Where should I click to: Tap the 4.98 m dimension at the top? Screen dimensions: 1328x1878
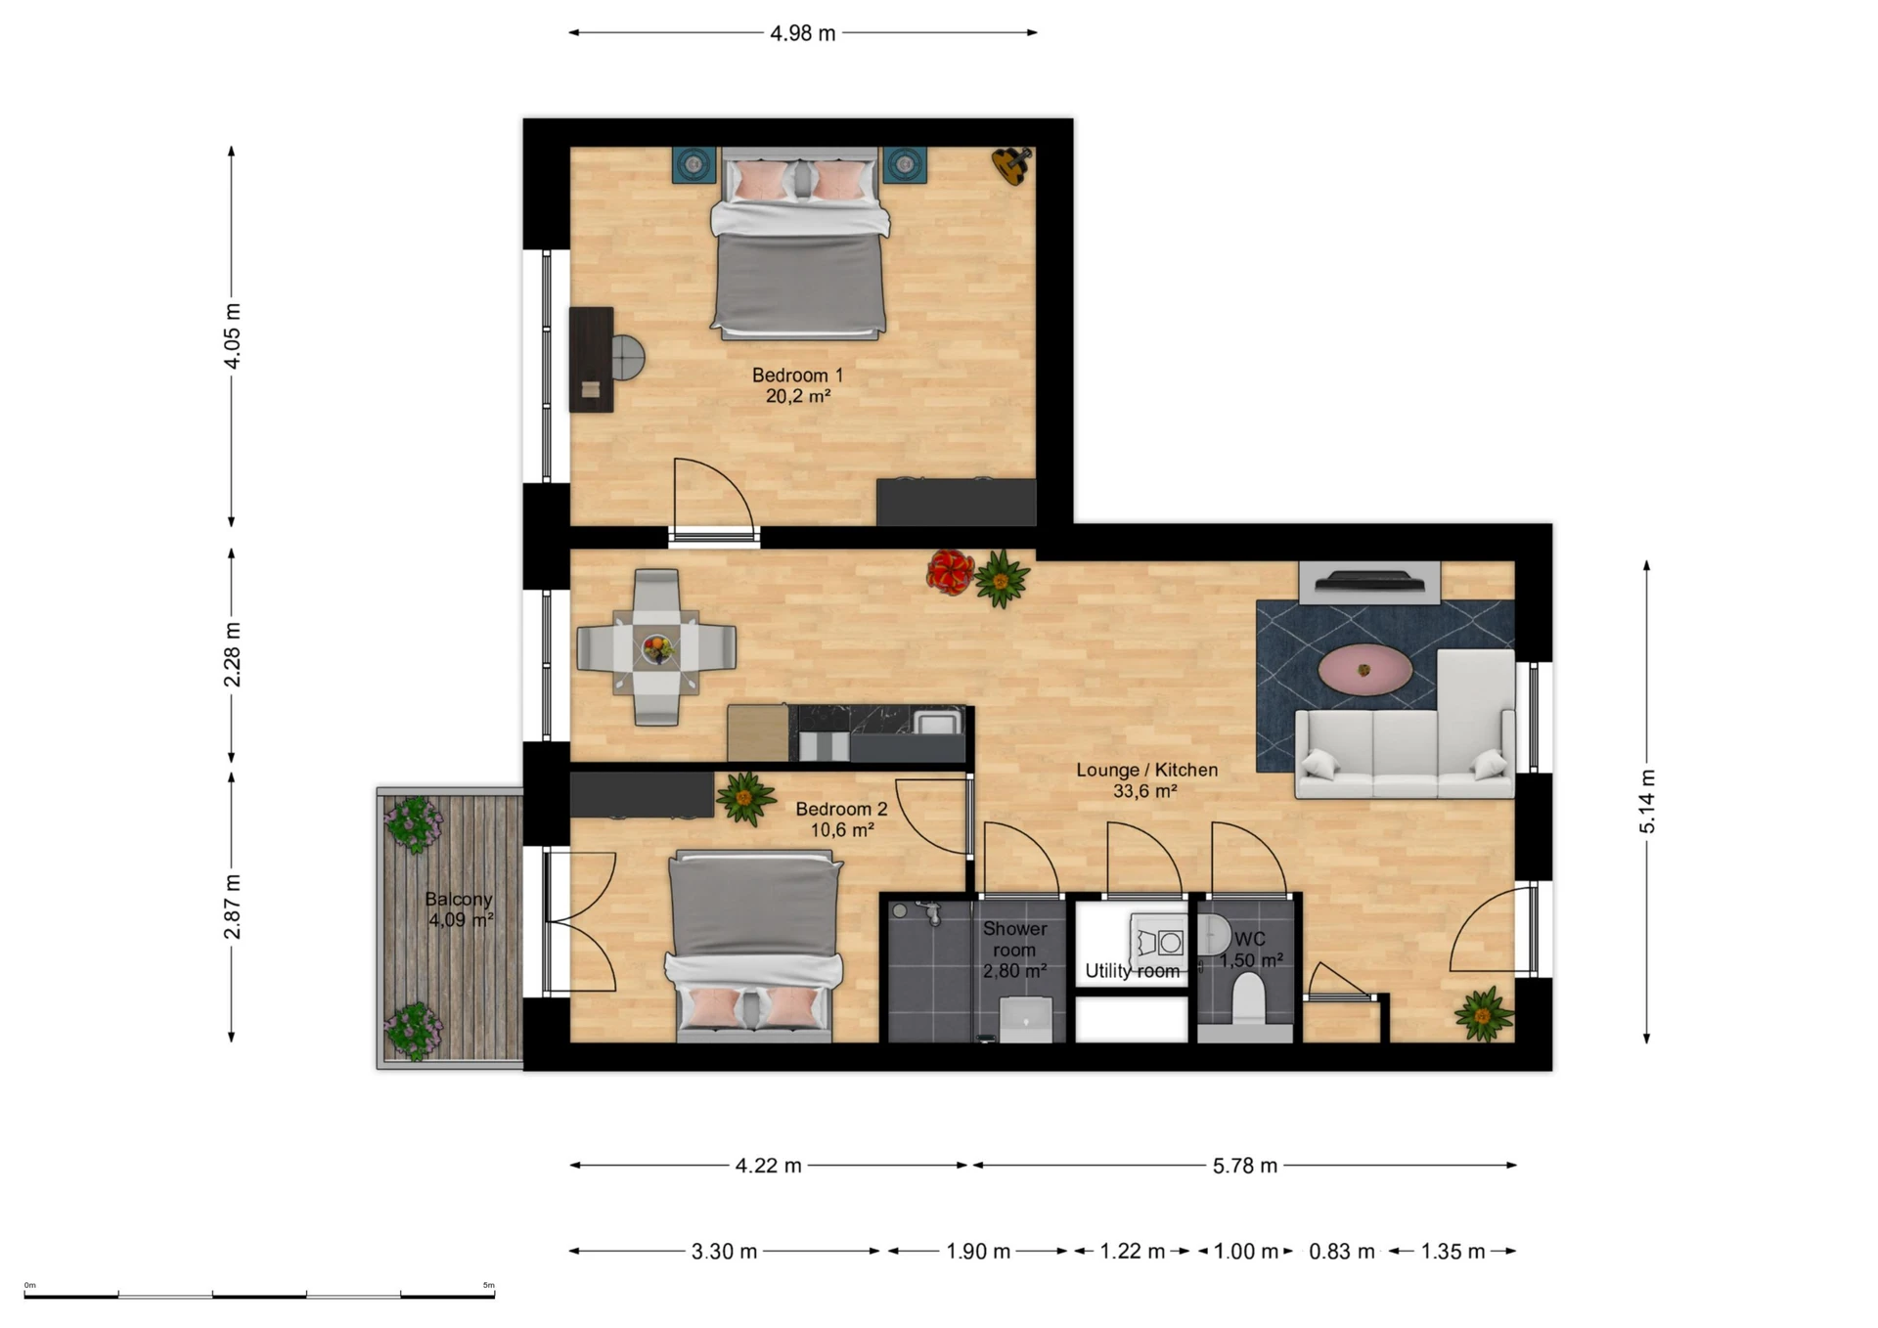[802, 33]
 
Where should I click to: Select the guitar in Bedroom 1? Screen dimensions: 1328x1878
[1011, 164]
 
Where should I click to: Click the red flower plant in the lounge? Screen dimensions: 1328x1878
[949, 572]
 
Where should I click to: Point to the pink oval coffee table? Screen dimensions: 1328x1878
[1364, 669]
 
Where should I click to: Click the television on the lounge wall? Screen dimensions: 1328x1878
[1368, 583]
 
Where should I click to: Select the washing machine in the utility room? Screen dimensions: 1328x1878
[1158, 943]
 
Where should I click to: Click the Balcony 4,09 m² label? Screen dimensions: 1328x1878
[459, 909]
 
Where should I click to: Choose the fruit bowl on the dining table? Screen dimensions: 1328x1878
[657, 646]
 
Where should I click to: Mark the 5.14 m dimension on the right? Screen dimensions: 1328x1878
[1647, 801]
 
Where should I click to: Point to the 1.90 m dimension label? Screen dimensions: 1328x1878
[977, 1252]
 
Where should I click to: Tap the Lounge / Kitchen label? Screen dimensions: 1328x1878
[1146, 780]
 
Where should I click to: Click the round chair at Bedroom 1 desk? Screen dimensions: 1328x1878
[629, 359]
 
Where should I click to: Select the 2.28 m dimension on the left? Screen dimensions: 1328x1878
[232, 654]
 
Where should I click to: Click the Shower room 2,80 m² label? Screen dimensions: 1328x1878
[1014, 950]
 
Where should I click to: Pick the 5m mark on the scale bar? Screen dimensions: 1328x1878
[489, 1286]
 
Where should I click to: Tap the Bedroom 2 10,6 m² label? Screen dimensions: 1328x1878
[841, 819]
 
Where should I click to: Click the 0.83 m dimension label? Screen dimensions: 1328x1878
[1341, 1252]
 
